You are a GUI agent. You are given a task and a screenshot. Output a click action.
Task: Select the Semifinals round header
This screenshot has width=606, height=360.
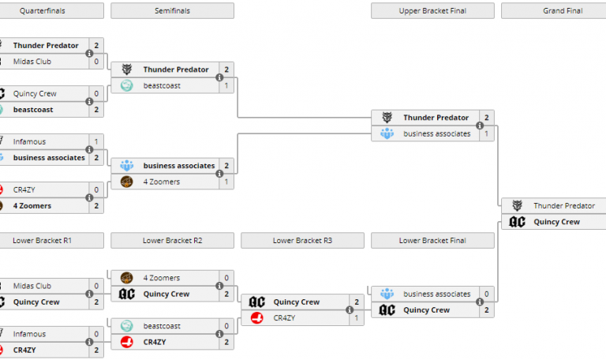coord(172,11)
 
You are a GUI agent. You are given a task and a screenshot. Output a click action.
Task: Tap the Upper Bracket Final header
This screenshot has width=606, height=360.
coord(432,11)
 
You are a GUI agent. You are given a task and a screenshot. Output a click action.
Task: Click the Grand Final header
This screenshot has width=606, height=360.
coord(553,11)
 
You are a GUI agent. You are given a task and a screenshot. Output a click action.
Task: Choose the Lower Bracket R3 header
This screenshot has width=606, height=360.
coord(302,240)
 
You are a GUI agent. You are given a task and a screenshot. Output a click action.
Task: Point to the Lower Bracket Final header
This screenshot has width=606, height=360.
coord(432,240)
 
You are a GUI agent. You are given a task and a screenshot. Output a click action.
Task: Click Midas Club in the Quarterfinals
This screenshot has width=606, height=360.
coord(32,62)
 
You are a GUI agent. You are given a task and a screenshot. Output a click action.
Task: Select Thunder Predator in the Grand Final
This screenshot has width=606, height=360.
coord(563,206)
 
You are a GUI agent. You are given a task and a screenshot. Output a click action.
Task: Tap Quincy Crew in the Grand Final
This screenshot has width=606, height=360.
coord(556,222)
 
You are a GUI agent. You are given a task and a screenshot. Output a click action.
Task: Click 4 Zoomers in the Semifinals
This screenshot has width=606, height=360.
coord(161,182)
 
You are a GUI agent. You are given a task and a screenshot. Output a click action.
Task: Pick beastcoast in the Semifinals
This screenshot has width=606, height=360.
coord(162,85)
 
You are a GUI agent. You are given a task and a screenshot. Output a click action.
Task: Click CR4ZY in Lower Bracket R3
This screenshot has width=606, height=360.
coord(283,318)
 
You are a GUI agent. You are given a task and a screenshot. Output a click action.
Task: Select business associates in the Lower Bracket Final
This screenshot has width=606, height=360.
coord(436,294)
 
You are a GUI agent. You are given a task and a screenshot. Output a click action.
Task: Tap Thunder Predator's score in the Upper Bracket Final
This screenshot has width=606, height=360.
coord(487,118)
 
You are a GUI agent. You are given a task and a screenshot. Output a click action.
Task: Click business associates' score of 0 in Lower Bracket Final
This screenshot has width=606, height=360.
coord(487,294)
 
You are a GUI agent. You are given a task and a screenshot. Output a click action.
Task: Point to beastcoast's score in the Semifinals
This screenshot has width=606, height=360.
coord(226,85)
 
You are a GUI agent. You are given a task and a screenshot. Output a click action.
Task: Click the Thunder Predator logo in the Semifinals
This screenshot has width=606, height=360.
coord(127,69)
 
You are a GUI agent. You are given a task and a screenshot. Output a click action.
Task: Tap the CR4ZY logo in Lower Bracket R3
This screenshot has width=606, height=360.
coord(256,318)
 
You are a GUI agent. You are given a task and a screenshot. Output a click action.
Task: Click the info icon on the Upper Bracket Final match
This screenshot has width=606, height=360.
coord(480,126)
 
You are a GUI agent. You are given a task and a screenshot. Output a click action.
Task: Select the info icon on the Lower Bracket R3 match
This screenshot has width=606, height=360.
coord(350,310)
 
